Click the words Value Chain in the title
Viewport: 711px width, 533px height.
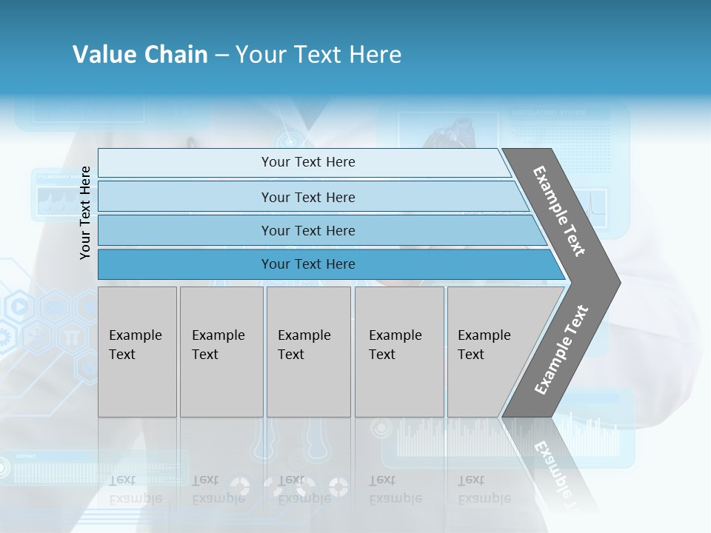[x=140, y=55]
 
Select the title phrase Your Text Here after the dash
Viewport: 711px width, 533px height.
[x=318, y=55]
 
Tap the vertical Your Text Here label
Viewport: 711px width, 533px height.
[x=85, y=212]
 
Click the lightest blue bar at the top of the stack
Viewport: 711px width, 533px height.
[x=307, y=162]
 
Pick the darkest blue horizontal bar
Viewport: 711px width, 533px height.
[x=307, y=264]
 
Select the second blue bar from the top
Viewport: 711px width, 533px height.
[x=307, y=197]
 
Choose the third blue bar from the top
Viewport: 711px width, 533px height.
[x=307, y=230]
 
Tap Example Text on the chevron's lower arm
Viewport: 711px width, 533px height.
[x=561, y=350]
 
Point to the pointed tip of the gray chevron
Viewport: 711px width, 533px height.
[x=618, y=283]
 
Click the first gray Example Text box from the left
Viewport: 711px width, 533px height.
[x=136, y=352]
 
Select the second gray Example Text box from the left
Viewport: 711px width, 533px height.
[x=221, y=352]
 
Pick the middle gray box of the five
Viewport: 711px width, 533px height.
[x=308, y=352]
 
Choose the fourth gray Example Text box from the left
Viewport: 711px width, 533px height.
[x=398, y=352]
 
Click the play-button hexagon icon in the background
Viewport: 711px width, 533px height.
[x=20, y=305]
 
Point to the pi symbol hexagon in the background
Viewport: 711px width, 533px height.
[x=72, y=336]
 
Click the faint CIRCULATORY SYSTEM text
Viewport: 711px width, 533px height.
[x=547, y=113]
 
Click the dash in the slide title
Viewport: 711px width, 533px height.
[x=221, y=56]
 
